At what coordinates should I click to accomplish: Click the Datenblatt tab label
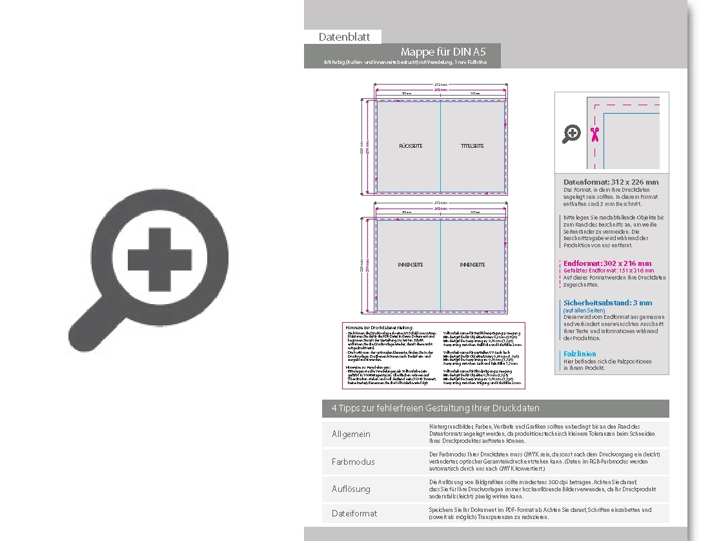tap(344, 37)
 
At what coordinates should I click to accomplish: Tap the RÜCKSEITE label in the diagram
tap(411, 147)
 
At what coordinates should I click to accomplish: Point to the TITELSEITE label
tap(472, 147)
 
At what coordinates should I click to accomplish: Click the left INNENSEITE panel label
tap(411, 265)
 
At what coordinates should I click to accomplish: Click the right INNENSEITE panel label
tap(472, 265)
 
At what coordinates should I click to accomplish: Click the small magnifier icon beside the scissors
tap(572, 134)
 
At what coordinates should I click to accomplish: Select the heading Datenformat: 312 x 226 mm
tap(611, 183)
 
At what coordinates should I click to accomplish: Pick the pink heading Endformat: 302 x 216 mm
tap(607, 263)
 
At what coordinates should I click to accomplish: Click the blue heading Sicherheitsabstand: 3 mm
tap(607, 303)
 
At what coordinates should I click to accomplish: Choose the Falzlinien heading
tap(580, 354)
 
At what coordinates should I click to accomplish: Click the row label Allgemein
tap(351, 434)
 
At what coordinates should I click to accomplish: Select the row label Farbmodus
tap(353, 462)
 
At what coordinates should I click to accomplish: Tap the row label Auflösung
tap(351, 489)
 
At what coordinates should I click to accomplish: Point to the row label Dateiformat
tap(354, 513)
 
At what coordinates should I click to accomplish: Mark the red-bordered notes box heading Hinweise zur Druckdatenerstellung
tap(380, 328)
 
